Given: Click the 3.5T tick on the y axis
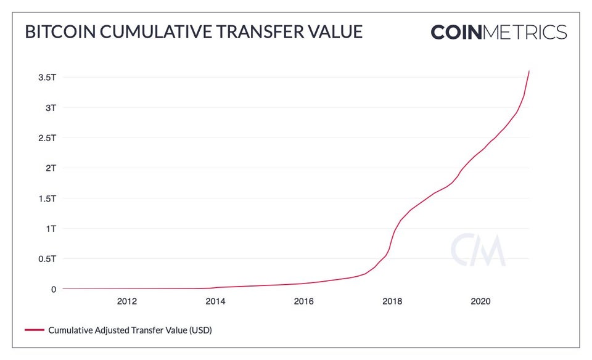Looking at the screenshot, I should (47, 78).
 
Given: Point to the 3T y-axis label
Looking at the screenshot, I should (51, 108).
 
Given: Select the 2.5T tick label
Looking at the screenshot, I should (47, 138).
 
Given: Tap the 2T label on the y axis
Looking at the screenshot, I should (51, 168).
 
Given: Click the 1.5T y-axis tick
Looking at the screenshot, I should (47, 198).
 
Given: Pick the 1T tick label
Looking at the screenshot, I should (51, 229).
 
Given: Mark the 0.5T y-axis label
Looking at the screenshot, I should (47, 259).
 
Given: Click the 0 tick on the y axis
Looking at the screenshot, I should (54, 289).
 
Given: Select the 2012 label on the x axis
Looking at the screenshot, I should (126, 301).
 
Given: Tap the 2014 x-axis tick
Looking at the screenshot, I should (215, 301).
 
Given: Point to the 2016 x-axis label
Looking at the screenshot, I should (303, 301).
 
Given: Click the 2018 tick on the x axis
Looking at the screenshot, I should (392, 301).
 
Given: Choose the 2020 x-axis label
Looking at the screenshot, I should (480, 301).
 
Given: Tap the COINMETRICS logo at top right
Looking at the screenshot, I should (498, 32).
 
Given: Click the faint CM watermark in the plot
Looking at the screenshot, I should (478, 250).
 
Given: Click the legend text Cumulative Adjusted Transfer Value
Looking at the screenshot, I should (130, 330).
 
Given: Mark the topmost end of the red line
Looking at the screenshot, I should (529, 72).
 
